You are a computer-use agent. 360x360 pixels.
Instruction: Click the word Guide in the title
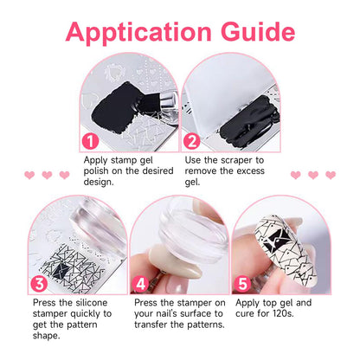pos(258,31)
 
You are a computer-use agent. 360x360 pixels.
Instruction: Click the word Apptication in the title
pos(138,33)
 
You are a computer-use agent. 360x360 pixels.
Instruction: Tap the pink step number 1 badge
pos(90,141)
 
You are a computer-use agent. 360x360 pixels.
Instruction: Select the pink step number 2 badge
pos(192,141)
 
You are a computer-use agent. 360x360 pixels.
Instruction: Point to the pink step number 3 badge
pos(39,284)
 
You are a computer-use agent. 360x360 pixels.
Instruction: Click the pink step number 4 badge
pos(141,284)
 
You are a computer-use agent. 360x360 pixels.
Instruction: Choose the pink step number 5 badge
pos(242,284)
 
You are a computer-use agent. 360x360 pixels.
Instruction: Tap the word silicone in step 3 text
pos(92,303)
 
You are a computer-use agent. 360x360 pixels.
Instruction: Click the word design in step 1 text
pos(98,182)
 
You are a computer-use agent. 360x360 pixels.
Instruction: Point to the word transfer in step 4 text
pos(151,325)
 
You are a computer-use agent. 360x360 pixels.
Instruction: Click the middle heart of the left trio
pos(47,175)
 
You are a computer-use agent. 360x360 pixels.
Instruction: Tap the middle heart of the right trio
pos(313,175)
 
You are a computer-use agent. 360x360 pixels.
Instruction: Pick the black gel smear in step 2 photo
pos(248,122)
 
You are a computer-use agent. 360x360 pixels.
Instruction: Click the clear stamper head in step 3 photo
pos(98,223)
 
